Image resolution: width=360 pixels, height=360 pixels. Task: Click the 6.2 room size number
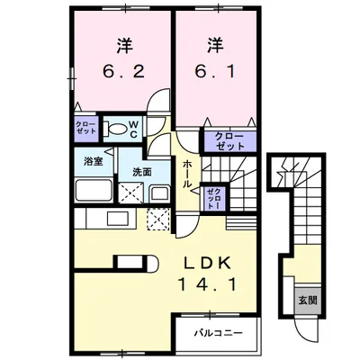click(124, 72)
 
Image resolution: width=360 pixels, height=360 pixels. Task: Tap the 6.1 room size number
click(215, 72)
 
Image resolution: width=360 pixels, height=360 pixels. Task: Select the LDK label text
click(208, 264)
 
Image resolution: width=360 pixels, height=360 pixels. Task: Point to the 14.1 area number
click(208, 284)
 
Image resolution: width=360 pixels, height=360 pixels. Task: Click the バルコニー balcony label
click(218, 333)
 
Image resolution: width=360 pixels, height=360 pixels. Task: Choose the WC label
click(133, 130)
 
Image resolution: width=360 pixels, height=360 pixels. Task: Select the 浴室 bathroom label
click(94, 162)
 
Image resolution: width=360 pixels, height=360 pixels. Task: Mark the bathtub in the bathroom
click(94, 191)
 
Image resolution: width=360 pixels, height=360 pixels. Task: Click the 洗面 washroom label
click(142, 172)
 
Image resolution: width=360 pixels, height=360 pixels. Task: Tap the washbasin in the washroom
click(160, 193)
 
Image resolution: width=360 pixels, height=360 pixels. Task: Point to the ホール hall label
click(187, 175)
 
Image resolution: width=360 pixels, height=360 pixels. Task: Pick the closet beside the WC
click(86, 129)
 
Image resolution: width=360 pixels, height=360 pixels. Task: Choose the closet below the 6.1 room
click(229, 141)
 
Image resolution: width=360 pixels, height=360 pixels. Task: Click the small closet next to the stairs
click(215, 198)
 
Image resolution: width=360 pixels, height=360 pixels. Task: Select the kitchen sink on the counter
click(118, 219)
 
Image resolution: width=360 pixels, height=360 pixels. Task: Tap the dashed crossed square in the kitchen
click(158, 220)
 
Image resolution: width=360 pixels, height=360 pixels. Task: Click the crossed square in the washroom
click(130, 193)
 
